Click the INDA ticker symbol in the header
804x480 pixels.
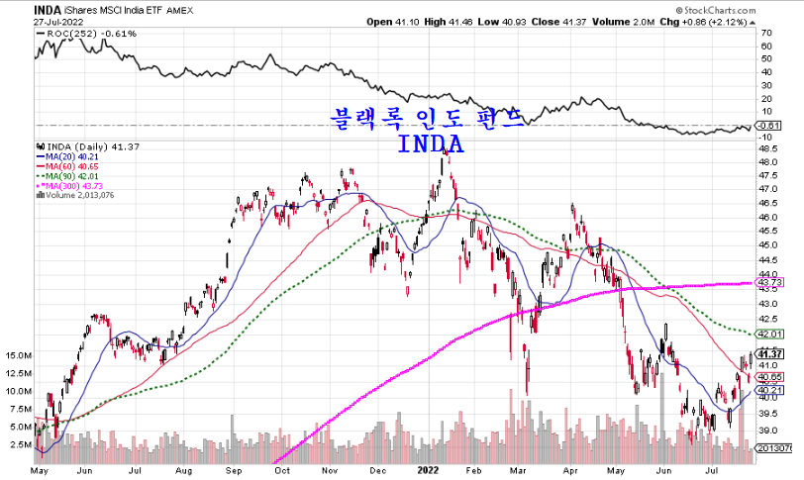click(19, 8)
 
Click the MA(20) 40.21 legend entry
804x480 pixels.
click(68, 155)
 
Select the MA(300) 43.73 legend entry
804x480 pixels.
click(71, 185)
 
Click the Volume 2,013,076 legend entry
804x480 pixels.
click(80, 195)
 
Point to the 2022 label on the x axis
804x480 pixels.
click(429, 471)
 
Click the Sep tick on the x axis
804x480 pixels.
click(234, 471)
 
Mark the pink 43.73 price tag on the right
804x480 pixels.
click(768, 282)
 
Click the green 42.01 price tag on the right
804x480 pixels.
click(768, 334)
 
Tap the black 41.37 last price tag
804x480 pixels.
click(769, 353)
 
